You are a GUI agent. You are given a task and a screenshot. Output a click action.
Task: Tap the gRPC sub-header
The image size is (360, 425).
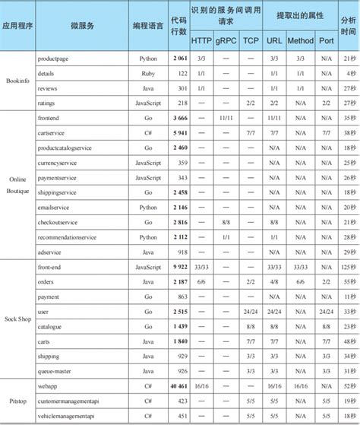click(225, 40)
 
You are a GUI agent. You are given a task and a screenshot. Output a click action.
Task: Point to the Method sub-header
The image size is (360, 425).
click(300, 40)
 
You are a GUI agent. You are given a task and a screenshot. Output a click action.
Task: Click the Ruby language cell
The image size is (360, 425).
click(149, 73)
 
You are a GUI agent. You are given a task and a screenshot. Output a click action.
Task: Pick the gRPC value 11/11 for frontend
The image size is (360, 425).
click(225, 118)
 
